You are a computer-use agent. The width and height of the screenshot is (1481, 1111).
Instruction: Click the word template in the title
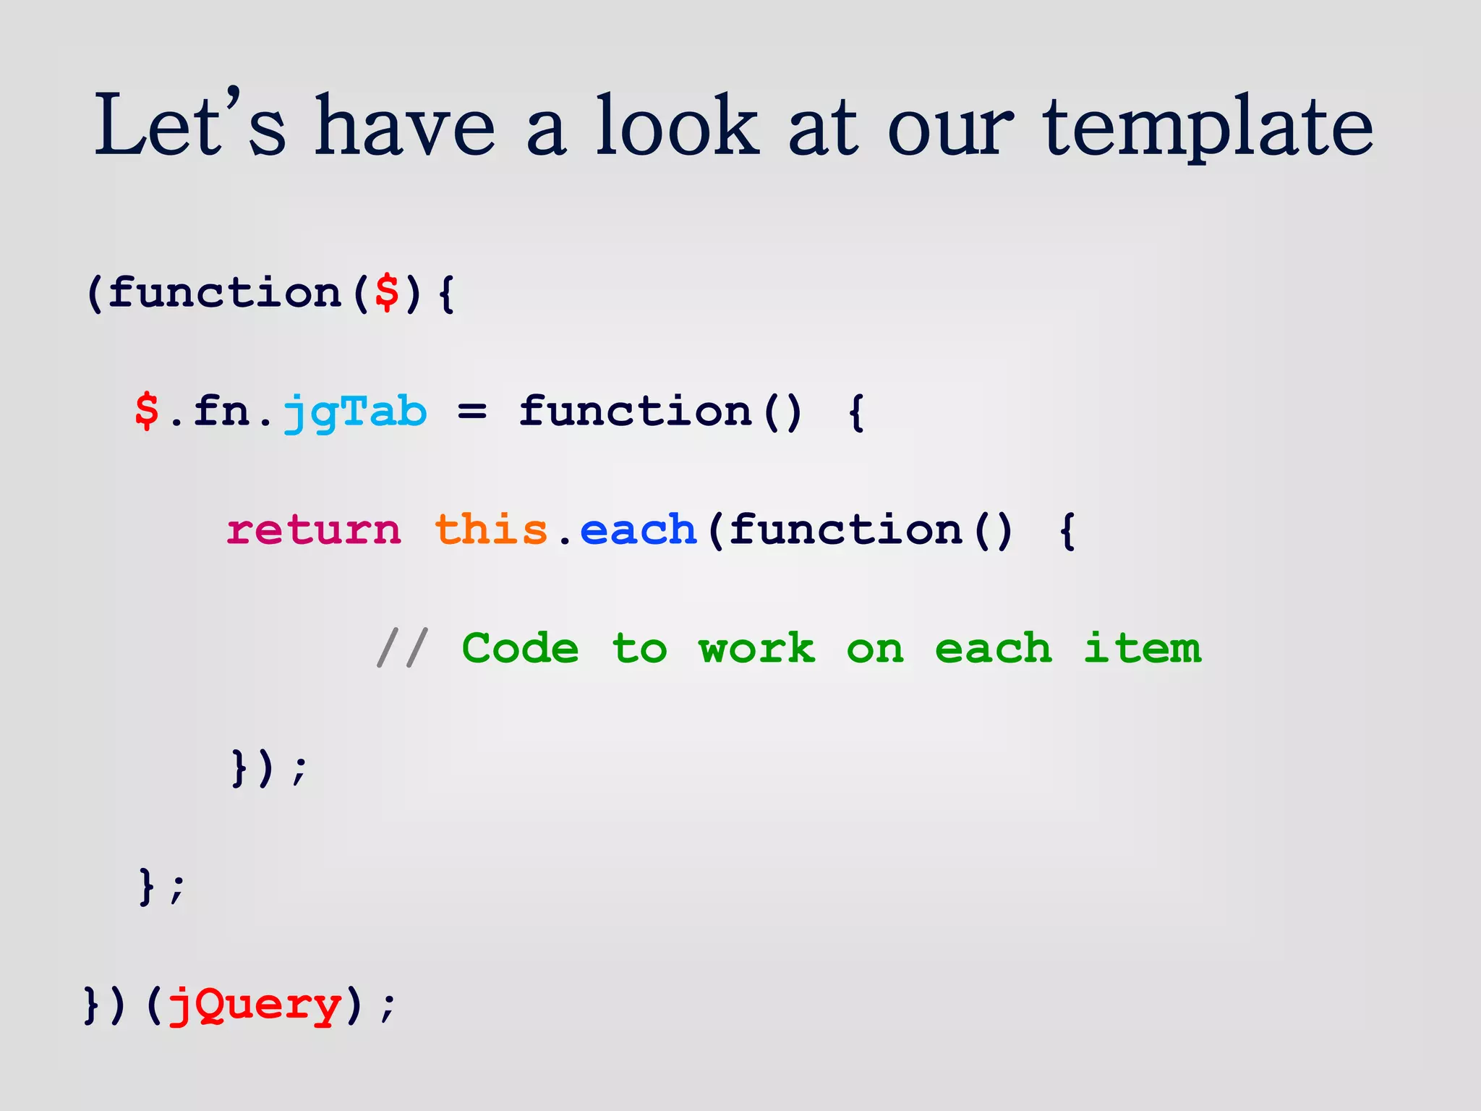pos(1208,127)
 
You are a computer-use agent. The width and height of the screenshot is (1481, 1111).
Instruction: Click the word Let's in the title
pos(189,127)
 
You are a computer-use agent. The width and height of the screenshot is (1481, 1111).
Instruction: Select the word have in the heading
pos(405,127)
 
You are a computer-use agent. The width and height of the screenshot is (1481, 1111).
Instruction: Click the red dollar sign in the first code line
pos(388,293)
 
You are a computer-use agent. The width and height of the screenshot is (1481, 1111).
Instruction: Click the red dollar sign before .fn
pos(147,412)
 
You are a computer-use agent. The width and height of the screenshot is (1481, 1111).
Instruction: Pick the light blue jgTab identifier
pos(354,413)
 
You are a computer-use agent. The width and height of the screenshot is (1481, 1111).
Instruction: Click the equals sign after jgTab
pos(471,413)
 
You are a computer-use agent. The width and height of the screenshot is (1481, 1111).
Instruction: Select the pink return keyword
pos(313,530)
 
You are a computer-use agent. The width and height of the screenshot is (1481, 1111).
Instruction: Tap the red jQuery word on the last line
pos(254,1005)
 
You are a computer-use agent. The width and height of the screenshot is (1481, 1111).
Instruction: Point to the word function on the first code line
pos(224,293)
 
